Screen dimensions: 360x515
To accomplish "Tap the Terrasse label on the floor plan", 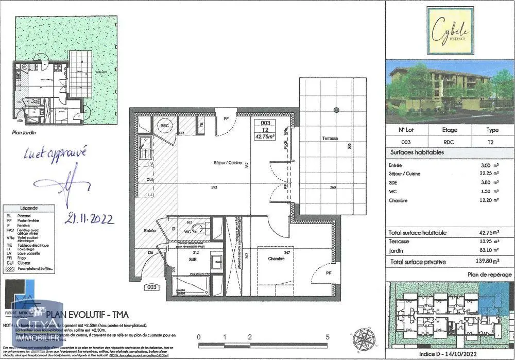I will [x=330, y=139].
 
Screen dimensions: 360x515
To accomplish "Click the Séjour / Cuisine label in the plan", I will [x=228, y=162].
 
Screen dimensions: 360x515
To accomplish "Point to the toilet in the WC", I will [x=204, y=228].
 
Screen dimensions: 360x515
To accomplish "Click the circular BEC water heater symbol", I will [x=165, y=126].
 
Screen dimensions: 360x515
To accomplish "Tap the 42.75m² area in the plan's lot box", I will [x=265, y=136].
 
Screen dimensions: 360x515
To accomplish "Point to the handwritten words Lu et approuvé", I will [x=56, y=152].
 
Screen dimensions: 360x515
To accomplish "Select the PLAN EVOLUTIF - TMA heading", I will [x=88, y=315].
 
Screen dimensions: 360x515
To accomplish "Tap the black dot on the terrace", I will [x=336, y=110].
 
